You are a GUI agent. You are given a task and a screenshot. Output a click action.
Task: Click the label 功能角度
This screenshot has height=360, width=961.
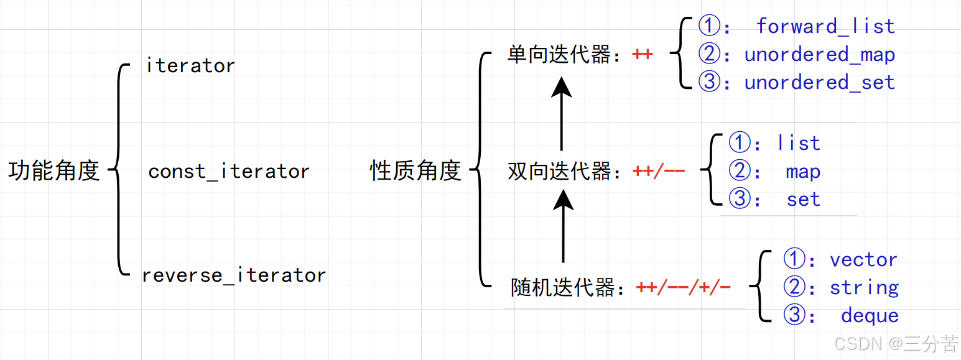[54, 170]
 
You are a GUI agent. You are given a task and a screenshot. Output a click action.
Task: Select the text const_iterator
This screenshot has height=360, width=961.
[229, 172]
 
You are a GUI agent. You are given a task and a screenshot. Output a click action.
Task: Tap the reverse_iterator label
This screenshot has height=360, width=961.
[234, 275]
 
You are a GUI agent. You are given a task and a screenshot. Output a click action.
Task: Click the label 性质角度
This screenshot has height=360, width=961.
[416, 170]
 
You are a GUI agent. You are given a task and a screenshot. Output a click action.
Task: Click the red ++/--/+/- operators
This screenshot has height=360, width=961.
[683, 288]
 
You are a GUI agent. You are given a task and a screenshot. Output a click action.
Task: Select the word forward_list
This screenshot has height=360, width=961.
[825, 27]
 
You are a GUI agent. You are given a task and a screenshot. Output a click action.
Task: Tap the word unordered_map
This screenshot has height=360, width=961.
[819, 55]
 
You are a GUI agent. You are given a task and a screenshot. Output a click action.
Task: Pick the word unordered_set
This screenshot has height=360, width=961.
[819, 82]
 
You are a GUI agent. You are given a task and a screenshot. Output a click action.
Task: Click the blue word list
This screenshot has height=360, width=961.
[799, 144]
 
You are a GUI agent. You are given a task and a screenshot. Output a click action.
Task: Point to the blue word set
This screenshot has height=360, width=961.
[803, 200]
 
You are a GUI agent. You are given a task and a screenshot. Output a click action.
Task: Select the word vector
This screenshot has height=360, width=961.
[863, 260]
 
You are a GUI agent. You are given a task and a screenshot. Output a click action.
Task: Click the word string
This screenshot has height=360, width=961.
[864, 288]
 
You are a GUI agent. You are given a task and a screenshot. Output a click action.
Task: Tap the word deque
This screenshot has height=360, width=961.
[870, 316]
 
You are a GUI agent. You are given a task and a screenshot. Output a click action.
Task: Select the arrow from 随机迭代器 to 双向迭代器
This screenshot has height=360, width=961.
[563, 226]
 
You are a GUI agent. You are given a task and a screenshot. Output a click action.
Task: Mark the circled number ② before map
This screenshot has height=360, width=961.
[740, 172]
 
